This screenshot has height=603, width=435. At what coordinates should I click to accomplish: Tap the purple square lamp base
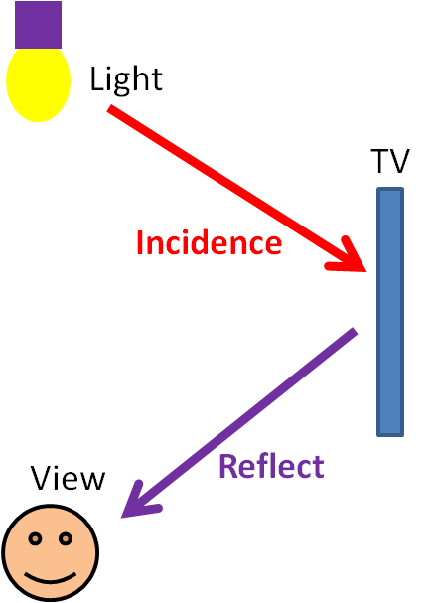coord(38,25)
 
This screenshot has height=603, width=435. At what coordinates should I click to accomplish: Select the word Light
coord(126,79)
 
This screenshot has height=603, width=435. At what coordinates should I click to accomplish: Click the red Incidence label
coord(209,242)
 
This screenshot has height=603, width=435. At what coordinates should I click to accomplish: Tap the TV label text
coord(390,161)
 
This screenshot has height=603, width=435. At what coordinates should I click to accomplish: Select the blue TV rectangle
coord(390,312)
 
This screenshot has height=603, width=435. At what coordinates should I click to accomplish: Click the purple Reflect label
coord(271,466)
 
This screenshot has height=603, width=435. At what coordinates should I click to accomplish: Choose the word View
coord(68,477)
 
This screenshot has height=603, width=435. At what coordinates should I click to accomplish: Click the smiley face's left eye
coord(35,538)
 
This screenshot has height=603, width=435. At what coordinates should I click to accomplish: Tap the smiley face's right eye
coord(66,538)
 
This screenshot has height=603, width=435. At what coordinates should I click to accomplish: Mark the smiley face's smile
coord(51,578)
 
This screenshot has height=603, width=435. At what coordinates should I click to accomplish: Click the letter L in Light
coord(95,78)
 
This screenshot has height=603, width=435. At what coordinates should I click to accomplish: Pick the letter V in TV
coord(400,161)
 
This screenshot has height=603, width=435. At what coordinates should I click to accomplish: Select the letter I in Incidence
coord(139,242)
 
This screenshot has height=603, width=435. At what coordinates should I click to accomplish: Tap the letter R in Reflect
coord(227,466)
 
